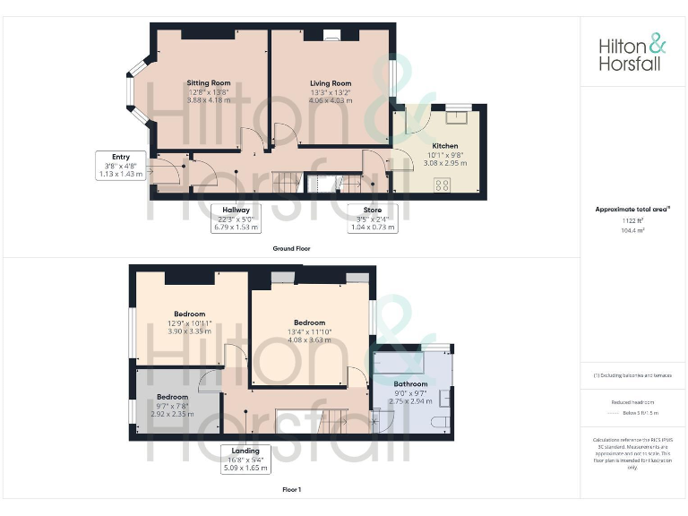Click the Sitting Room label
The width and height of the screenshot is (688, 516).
(209, 83)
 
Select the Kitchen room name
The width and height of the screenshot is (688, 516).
(445, 146)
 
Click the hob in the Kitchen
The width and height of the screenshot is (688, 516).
(443, 185)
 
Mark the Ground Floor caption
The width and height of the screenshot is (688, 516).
(291, 248)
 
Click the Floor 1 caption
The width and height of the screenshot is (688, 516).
(291, 490)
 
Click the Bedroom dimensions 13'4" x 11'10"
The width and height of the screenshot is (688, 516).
(309, 332)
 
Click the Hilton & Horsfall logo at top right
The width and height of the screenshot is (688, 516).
(632, 52)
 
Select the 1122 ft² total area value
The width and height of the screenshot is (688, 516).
(632, 220)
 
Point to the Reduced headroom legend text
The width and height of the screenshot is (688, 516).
(632, 402)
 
